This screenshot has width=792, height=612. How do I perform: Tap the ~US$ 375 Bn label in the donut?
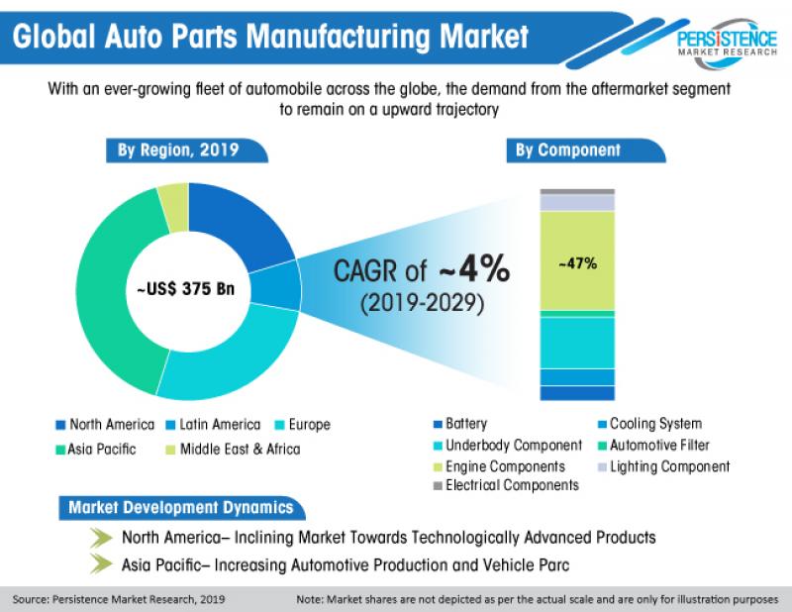(188, 289)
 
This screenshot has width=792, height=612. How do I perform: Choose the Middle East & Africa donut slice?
(173, 194)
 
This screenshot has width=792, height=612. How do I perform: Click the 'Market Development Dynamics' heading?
(180, 508)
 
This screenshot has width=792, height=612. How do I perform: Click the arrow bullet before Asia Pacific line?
(101, 565)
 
